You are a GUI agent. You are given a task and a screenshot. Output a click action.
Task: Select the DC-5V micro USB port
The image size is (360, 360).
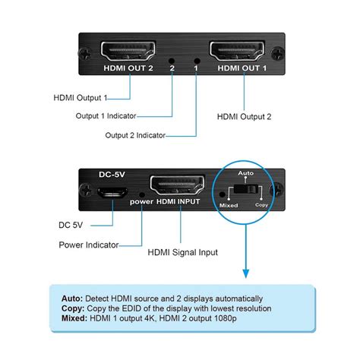click(111, 193)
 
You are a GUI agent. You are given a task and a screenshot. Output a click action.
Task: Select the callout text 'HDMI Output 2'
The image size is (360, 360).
click(245, 116)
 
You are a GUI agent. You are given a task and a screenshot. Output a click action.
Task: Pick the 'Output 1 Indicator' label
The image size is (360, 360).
click(106, 116)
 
